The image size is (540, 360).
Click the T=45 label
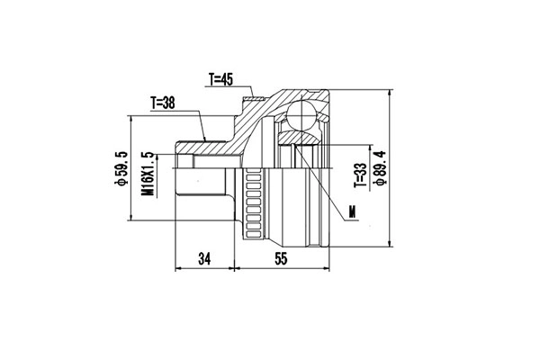(221, 79)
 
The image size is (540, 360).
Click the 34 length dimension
(204, 259)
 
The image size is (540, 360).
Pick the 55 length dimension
(282, 259)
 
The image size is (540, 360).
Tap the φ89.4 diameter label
(382, 167)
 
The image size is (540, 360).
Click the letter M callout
(353, 213)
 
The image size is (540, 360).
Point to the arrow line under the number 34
(203, 267)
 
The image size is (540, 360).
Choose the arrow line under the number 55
(282, 267)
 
